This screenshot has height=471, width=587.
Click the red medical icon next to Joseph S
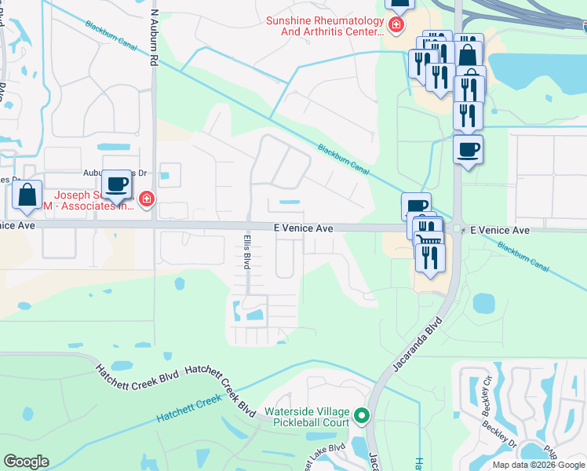point(145,200)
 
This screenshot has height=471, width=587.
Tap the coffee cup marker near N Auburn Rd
point(117,184)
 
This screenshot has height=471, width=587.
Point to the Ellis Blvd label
point(246,249)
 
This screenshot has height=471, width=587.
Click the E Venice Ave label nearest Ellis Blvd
point(304,228)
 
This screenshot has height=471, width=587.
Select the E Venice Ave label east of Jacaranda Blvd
point(500,230)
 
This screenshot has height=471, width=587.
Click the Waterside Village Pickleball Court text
point(306,417)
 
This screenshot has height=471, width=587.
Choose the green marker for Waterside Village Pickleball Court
point(361,414)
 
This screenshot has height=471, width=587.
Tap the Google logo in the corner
point(26,462)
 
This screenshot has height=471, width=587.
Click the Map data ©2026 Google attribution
point(538,465)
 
